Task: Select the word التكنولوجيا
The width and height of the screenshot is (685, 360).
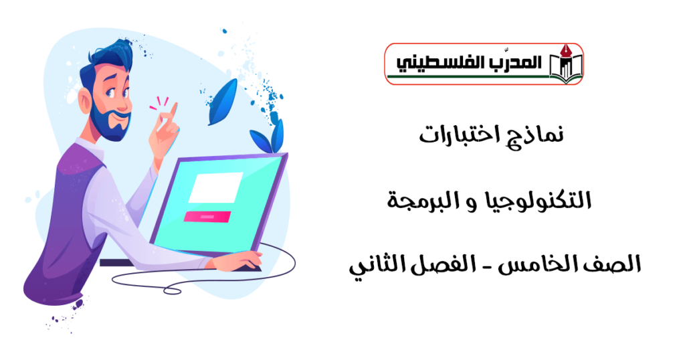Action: (x=530, y=200)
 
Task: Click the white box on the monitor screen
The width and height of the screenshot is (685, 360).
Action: (x=215, y=187)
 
